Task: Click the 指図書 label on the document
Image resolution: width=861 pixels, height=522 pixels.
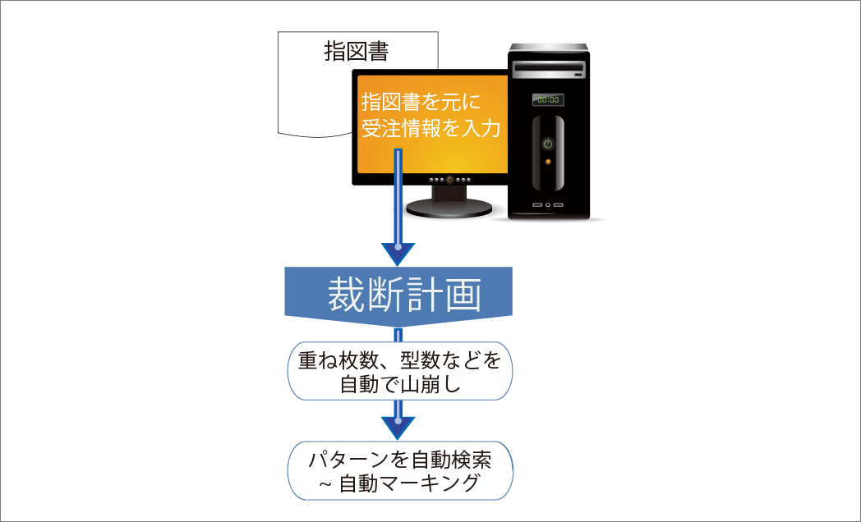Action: coord(356,52)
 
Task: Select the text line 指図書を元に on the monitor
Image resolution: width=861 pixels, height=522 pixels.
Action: coord(420,103)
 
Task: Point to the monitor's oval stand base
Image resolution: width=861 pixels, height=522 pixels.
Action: coord(449,209)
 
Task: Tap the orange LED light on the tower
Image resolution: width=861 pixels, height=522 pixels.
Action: coord(548,161)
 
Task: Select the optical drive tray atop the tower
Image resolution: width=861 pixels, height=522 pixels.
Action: coord(548,66)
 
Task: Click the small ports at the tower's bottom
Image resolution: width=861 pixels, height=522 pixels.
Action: coord(548,204)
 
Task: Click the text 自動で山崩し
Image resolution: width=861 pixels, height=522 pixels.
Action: coord(399,384)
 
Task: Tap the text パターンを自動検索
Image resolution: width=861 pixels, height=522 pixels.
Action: coord(399,460)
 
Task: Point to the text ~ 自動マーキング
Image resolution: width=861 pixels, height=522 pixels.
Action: coord(399,483)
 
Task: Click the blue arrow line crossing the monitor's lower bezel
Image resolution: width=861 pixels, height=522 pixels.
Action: coord(398,178)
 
